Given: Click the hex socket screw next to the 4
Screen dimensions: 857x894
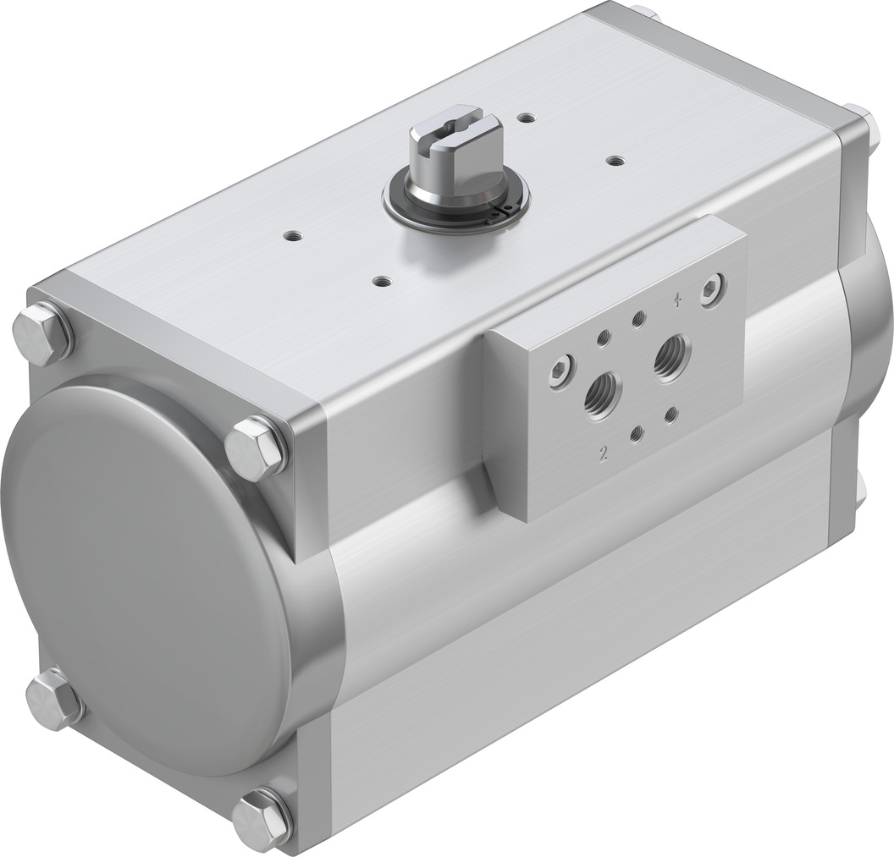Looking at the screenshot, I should tap(713, 289).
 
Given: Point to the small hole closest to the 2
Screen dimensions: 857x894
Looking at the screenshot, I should tap(637, 434).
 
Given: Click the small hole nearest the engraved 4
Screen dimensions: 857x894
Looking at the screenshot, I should tap(638, 318).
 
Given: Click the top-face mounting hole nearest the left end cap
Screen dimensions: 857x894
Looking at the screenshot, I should tap(293, 235).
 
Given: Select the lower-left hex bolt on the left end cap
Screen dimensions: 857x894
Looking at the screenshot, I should tap(53, 699).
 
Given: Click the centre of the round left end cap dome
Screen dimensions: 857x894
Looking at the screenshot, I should tap(144, 575).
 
